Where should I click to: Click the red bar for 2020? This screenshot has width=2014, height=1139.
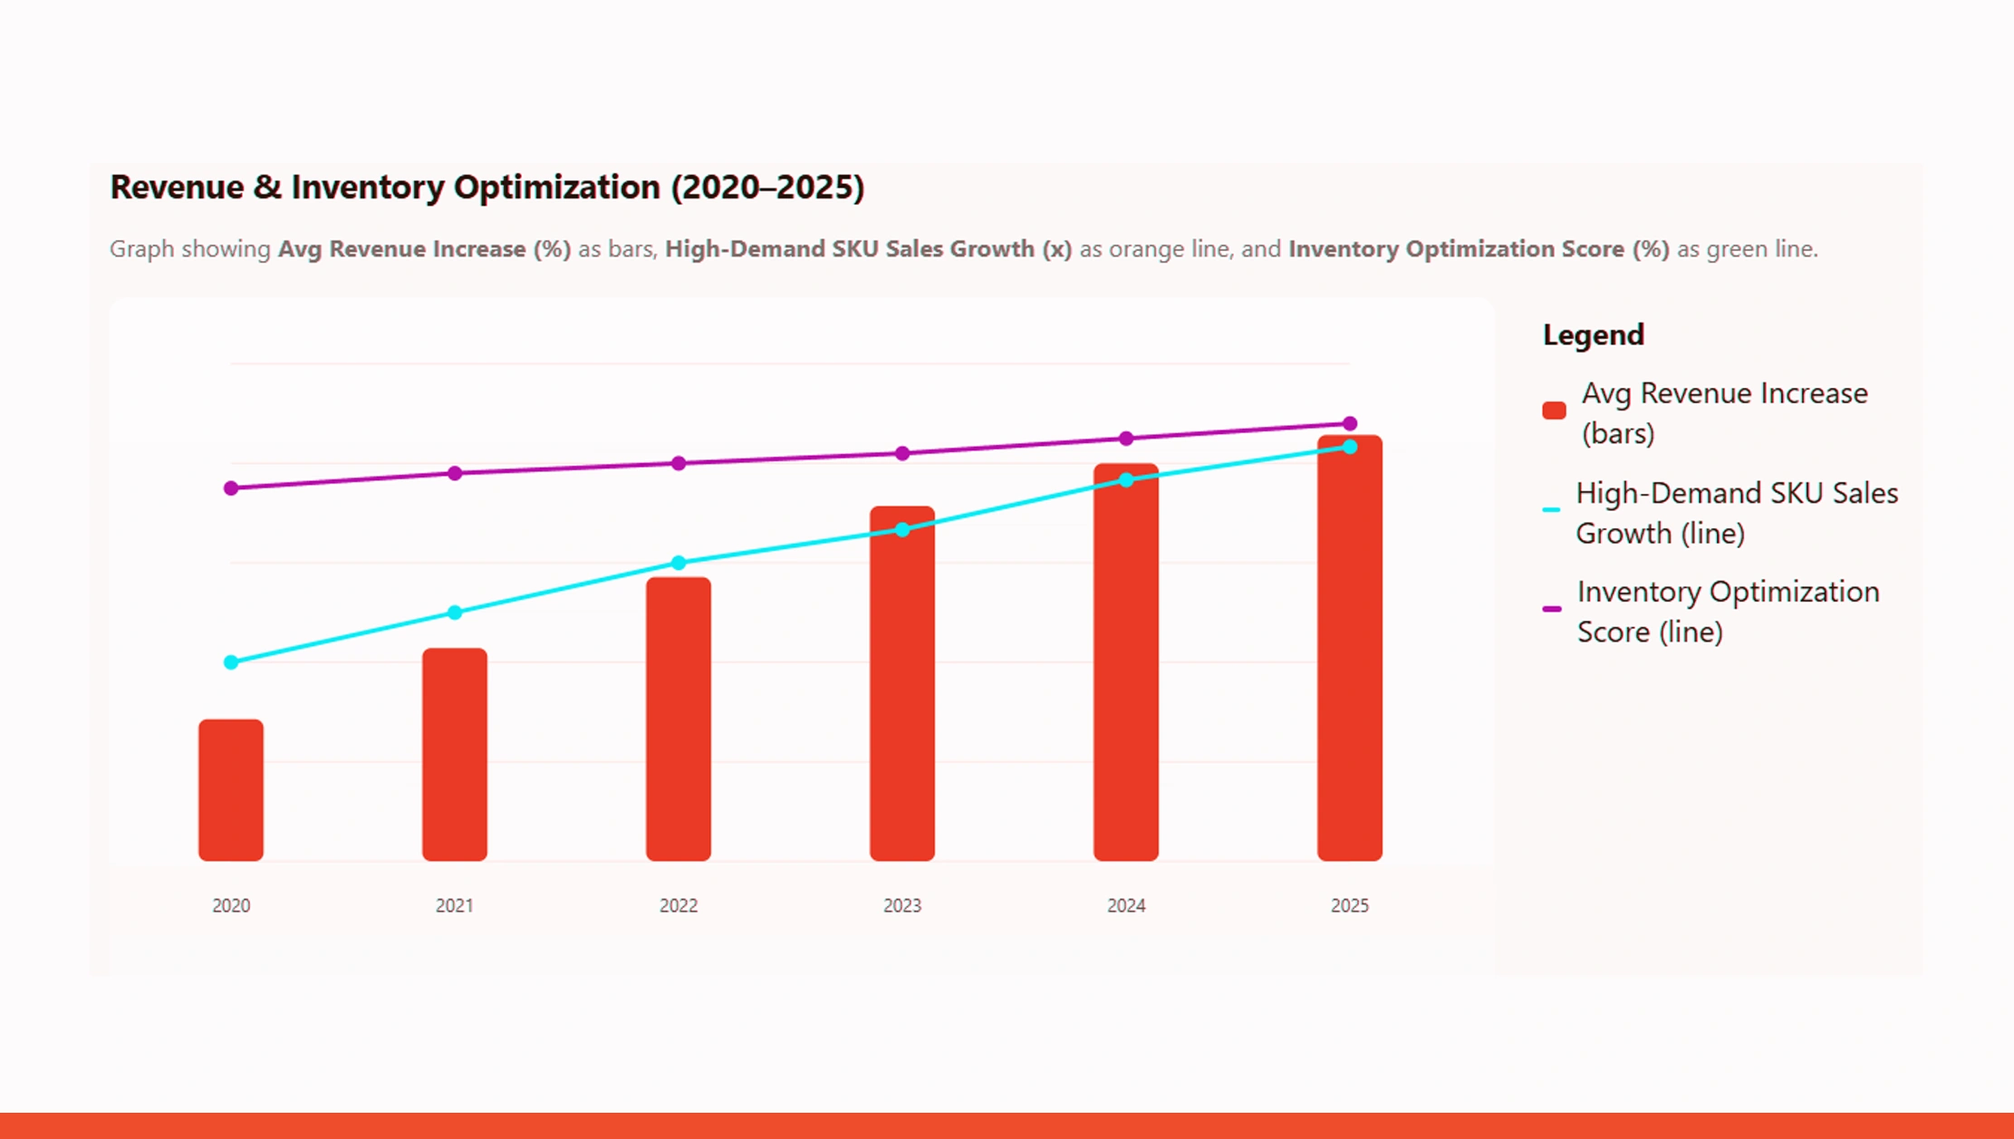(x=231, y=790)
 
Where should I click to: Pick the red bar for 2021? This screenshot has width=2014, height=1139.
(x=455, y=754)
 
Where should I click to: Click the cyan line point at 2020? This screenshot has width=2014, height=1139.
(x=231, y=662)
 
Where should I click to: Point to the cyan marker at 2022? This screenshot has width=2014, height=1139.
(x=679, y=563)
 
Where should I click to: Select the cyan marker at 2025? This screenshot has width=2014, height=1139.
(x=1350, y=447)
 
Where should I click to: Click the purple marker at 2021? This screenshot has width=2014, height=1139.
(x=455, y=473)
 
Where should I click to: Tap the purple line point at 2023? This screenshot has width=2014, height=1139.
(x=902, y=453)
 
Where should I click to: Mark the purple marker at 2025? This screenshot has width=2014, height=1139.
(x=1350, y=423)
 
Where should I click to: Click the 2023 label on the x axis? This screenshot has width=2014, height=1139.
(x=902, y=905)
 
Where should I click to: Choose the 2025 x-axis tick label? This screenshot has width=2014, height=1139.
(x=1350, y=905)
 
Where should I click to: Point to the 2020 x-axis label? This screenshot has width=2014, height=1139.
(x=231, y=905)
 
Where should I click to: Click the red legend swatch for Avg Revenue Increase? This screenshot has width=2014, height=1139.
(x=1554, y=410)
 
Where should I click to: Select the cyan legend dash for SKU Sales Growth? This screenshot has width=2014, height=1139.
(x=1551, y=510)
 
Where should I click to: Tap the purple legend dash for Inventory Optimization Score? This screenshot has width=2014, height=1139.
(x=1552, y=609)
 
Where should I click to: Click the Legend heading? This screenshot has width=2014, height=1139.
(x=1593, y=335)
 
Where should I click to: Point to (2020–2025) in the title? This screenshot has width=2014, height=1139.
(x=767, y=187)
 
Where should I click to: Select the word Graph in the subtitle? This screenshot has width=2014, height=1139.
(x=141, y=249)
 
